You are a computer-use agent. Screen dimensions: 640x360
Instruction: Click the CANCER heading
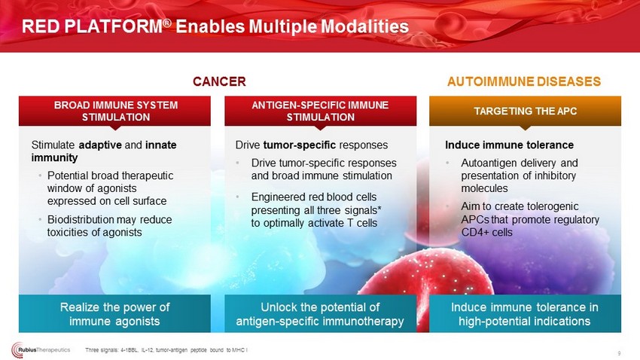tap(219, 81)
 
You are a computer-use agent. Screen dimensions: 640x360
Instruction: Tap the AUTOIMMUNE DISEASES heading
tap(524, 81)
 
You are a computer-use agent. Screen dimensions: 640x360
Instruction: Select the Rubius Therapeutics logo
tap(41, 349)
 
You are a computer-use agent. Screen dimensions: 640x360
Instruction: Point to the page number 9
tap(619, 353)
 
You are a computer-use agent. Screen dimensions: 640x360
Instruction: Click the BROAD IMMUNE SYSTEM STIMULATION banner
tap(114, 111)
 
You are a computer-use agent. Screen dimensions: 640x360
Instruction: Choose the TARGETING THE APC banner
tap(525, 111)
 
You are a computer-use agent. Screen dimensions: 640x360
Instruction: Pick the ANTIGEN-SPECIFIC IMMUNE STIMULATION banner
tap(321, 111)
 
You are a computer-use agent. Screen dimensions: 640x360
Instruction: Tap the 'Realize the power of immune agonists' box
tap(114, 313)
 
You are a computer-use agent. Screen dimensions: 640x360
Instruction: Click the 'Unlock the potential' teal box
tap(321, 313)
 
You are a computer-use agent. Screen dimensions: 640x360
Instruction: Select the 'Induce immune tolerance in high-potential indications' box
tap(525, 313)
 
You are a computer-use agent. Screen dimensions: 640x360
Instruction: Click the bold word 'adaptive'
tap(100, 145)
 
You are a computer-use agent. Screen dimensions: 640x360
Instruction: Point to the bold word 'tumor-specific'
tap(300, 145)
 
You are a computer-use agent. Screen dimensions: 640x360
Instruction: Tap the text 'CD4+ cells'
tap(486, 232)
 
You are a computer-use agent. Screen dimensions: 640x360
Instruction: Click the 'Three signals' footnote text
tap(166, 349)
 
